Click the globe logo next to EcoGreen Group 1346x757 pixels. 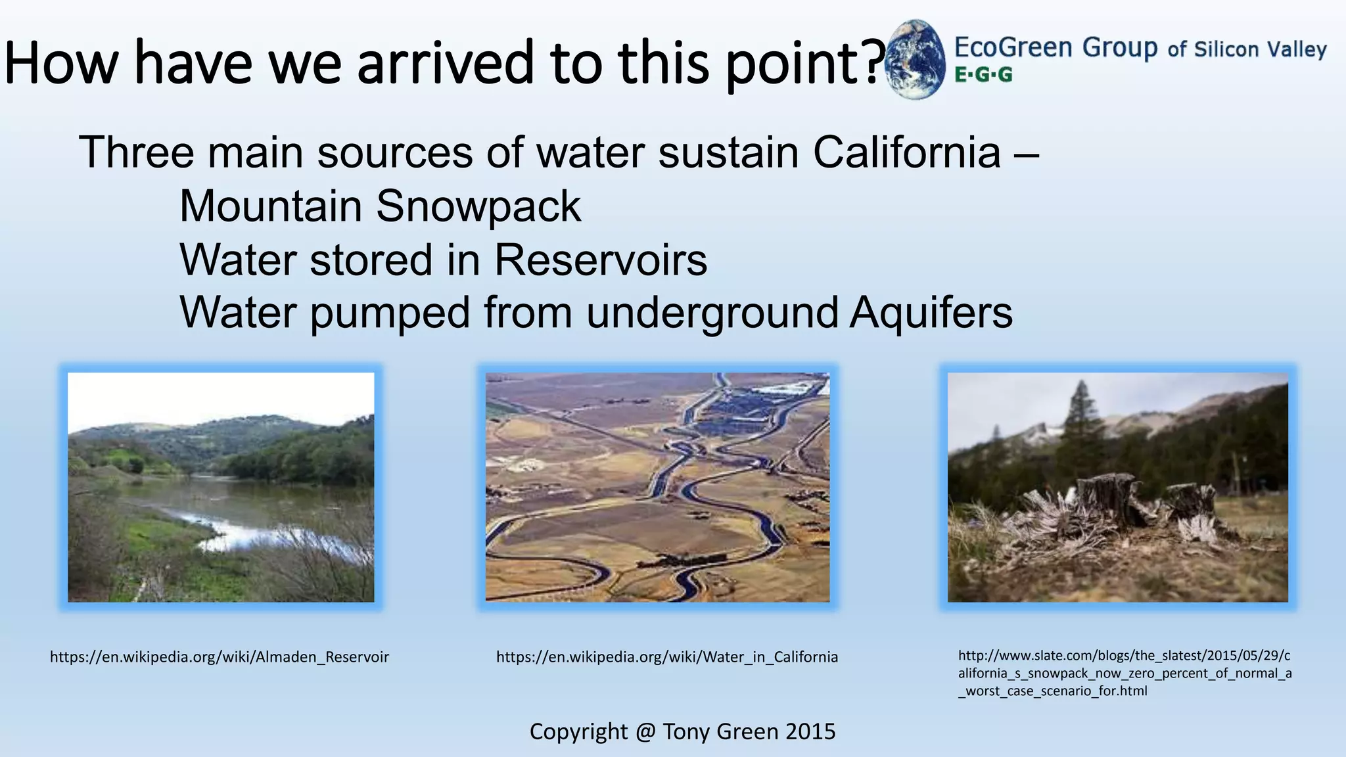tap(915, 60)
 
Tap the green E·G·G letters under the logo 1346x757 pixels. tap(983, 75)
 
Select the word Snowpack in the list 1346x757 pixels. tap(478, 207)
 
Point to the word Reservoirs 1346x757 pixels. tap(600, 260)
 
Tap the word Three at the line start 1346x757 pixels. tap(136, 152)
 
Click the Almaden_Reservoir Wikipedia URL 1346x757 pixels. tap(220, 657)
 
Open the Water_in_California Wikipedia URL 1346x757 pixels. tap(666, 657)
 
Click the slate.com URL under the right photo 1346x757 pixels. tap(1125, 673)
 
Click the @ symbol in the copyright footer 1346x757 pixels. tap(645, 731)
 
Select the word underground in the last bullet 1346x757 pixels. tap(712, 312)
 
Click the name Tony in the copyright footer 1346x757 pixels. tap(688, 731)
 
